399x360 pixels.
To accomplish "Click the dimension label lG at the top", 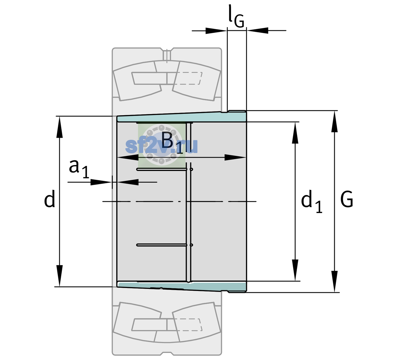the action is click(x=236, y=16).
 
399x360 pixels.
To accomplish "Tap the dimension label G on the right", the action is click(x=347, y=199).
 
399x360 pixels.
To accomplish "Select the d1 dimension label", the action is click(x=311, y=201).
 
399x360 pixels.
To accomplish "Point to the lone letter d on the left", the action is click(x=49, y=199).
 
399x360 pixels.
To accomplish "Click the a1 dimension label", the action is click(x=79, y=169).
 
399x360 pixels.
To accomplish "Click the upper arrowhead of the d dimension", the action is click(x=59, y=127).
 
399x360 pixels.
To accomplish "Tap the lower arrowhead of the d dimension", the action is click(x=59, y=276).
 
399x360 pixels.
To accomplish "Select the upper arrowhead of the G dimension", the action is click(x=334, y=121).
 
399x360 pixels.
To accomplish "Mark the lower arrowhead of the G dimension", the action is click(x=334, y=282).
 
